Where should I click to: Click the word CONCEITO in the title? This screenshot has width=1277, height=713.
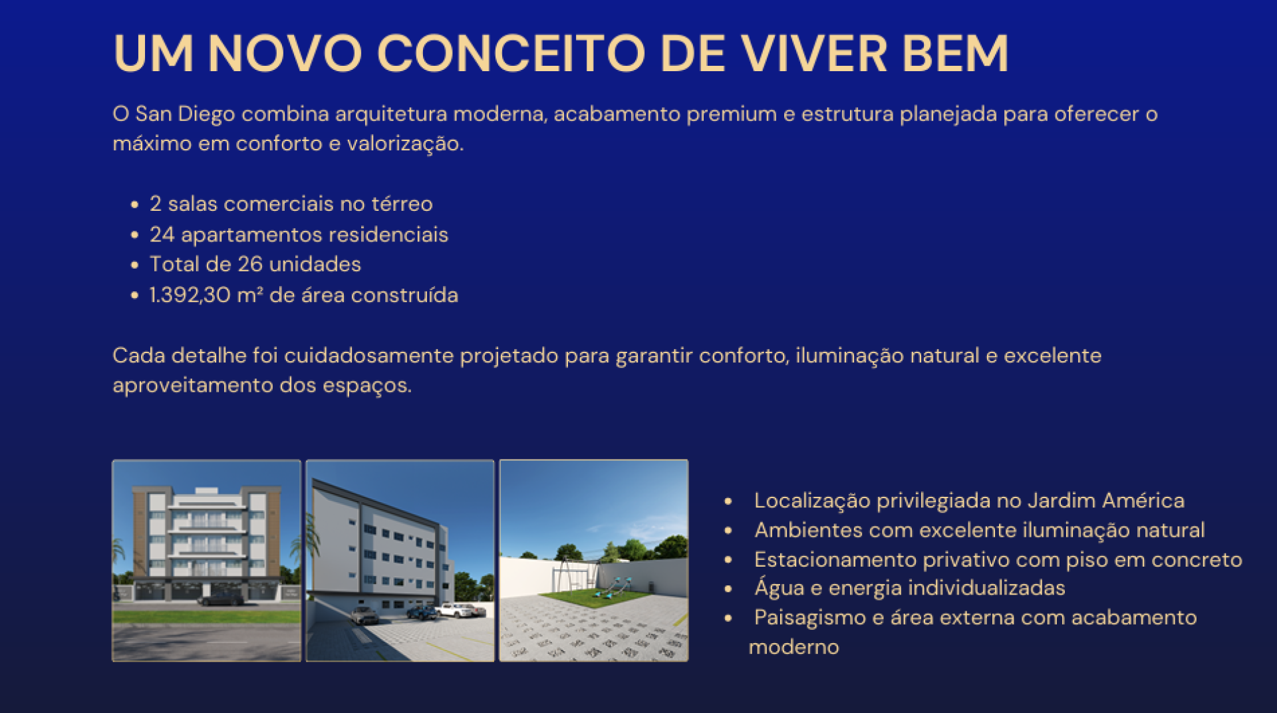511,53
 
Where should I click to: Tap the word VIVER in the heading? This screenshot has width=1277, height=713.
814,53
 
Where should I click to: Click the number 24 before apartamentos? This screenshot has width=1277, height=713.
162,235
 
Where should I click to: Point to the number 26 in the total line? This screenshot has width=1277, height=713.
250,265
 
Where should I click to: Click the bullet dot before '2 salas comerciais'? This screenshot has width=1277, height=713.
135,205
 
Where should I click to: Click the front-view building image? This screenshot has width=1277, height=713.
207,561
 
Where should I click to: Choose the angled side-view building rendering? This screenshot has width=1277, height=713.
400,561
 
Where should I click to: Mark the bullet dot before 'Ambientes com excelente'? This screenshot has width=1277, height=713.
728,531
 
